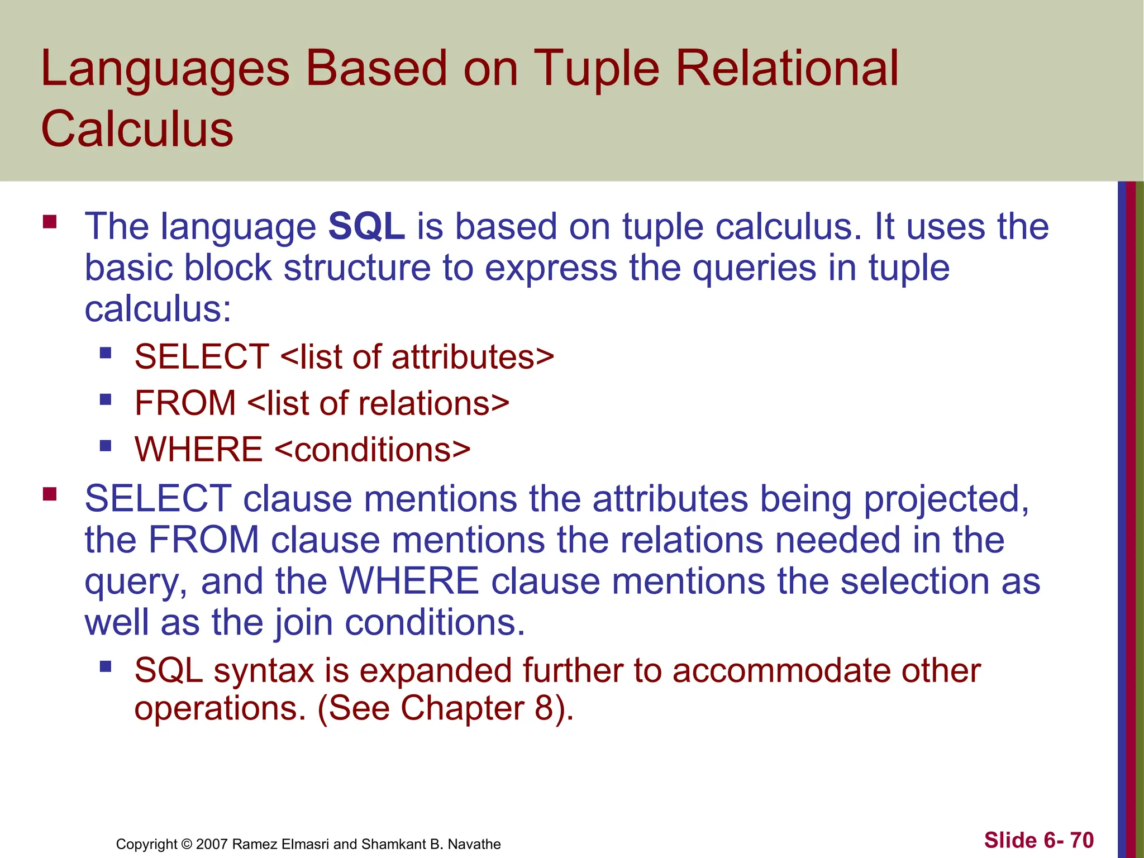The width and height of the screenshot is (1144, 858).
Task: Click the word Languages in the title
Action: (x=165, y=69)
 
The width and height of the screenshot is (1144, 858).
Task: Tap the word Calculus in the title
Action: (x=137, y=130)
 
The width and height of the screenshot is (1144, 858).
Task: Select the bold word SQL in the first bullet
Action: (x=366, y=227)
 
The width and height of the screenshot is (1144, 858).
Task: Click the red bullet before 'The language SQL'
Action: (x=50, y=222)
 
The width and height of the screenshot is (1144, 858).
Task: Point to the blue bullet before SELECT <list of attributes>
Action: (x=106, y=353)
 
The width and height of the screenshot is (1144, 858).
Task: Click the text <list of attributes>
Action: (x=417, y=357)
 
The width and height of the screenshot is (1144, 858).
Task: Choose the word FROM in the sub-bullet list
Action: (x=185, y=403)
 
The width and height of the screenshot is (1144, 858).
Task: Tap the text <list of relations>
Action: (x=378, y=403)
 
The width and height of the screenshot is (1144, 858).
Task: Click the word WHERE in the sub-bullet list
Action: (x=198, y=450)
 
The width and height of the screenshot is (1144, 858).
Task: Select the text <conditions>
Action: (x=373, y=450)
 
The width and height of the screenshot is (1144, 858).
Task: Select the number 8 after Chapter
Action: (x=544, y=708)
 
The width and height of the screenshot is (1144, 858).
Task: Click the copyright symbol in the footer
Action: (x=187, y=844)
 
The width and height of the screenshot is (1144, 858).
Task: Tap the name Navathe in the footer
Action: (x=474, y=844)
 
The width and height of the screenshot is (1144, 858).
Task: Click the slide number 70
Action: (x=1081, y=840)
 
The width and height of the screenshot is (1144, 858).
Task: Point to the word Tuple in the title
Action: (x=597, y=69)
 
